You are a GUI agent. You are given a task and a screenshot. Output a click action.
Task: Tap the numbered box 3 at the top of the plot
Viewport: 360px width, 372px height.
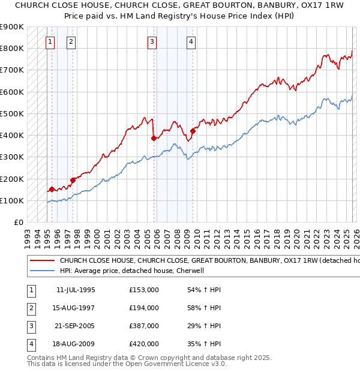[152, 41]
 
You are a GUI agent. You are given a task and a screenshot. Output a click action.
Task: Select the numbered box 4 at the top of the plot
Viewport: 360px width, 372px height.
[191, 41]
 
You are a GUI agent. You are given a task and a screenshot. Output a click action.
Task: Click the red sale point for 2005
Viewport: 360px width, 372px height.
[154, 138]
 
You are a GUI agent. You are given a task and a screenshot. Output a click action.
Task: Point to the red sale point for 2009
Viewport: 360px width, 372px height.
[193, 131]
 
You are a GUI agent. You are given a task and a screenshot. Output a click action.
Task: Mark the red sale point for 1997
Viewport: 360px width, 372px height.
[73, 179]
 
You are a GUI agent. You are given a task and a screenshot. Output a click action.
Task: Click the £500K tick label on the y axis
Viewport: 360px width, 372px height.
[12, 113]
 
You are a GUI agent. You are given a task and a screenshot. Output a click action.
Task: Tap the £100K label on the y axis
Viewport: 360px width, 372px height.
[12, 200]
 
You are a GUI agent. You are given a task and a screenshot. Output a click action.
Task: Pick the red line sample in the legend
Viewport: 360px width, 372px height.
[42, 261]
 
